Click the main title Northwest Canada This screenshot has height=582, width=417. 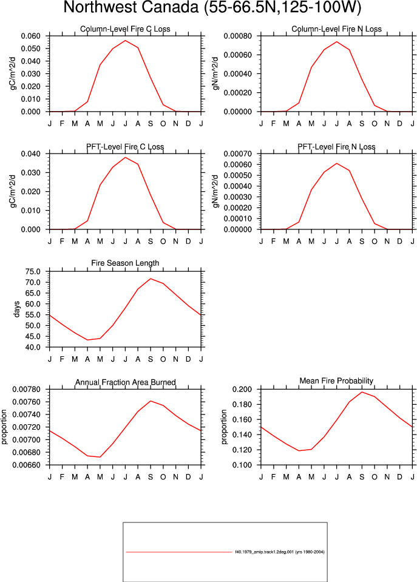point(132,7)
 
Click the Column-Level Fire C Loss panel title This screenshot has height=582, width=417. point(125,29)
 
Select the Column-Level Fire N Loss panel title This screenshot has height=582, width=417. point(336,29)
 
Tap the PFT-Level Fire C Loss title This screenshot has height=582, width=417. point(125,147)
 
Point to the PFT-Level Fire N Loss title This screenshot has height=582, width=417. point(336,147)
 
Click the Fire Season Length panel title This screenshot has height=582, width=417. point(125,263)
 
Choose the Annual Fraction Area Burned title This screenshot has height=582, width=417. point(126,382)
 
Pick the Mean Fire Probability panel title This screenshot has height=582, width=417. point(336,381)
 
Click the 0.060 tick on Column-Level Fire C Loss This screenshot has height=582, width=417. point(30,36)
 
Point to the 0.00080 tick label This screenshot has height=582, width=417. point(238,36)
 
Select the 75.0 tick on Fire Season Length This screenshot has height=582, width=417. point(33,272)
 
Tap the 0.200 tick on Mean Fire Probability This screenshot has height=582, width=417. point(242,390)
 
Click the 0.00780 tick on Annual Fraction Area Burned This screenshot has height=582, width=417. point(26,390)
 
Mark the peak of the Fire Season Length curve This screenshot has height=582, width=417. point(151,279)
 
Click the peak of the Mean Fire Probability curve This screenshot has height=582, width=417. point(362,392)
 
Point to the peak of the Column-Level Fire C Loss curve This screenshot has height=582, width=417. point(125,41)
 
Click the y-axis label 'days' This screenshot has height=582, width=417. point(16,310)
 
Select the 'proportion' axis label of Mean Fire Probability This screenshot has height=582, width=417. point(223,427)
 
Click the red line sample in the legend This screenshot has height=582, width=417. point(178,552)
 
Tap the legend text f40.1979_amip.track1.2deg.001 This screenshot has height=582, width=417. point(264,552)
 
